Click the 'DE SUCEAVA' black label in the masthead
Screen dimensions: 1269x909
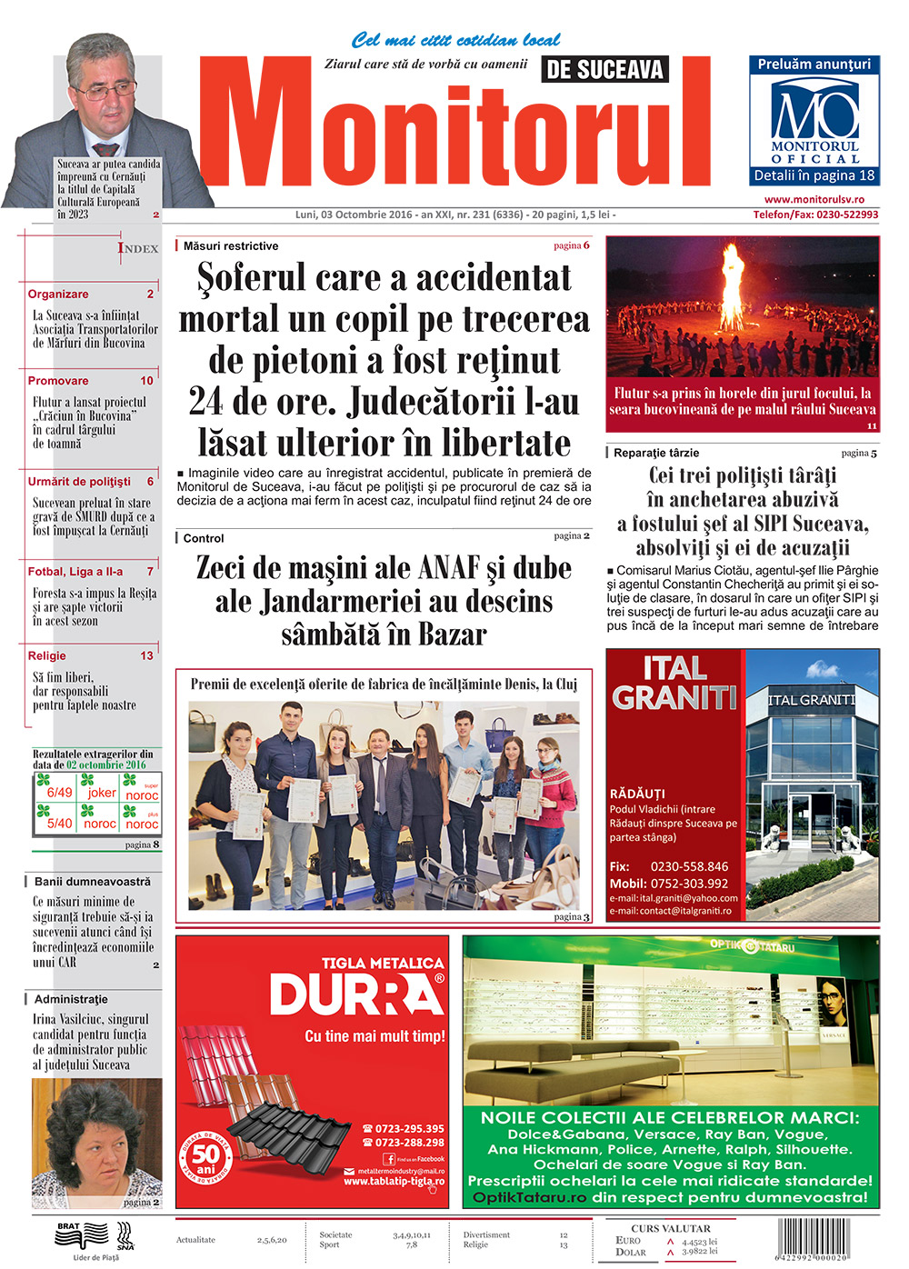point(604,69)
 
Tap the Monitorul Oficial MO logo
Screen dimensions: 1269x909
point(814,113)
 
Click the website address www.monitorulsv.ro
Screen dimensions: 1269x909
point(814,199)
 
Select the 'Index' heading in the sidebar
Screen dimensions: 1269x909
point(138,247)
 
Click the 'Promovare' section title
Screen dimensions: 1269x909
point(58,381)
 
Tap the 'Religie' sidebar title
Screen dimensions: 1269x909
point(47,655)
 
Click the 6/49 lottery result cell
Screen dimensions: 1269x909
point(59,793)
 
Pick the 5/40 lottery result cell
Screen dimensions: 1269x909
point(59,824)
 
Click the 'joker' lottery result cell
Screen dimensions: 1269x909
point(101,793)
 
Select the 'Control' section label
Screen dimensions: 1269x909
point(204,538)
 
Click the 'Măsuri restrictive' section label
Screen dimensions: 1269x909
point(231,246)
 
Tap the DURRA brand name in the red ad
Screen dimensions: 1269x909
point(356,994)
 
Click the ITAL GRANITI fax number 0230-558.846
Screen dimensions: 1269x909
point(689,866)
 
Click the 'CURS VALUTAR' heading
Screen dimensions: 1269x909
point(671,1228)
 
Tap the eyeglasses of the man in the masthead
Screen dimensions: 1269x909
point(105,91)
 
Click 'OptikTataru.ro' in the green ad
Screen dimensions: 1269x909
point(529,1197)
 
